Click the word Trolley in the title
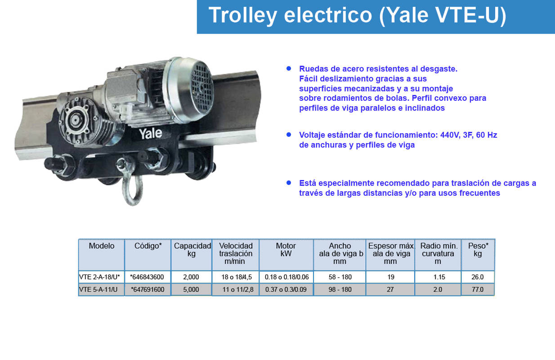click(x=243, y=16)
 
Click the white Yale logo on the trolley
click(x=150, y=134)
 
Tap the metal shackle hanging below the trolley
click(x=132, y=189)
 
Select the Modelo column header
click(x=102, y=246)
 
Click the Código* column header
click(x=148, y=246)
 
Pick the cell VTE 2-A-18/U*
click(x=99, y=277)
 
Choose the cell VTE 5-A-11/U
click(x=98, y=289)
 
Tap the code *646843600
click(x=147, y=277)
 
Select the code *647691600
click(x=148, y=289)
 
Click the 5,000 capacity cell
click(x=191, y=289)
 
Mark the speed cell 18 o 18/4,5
click(x=237, y=277)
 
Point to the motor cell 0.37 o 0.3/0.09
click(x=286, y=289)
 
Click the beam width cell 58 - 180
click(x=340, y=277)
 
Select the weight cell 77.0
click(x=478, y=289)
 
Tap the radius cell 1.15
click(x=439, y=277)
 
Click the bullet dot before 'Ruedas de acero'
click(x=289, y=68)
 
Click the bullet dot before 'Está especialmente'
click(x=289, y=183)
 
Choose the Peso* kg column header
click(x=478, y=250)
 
